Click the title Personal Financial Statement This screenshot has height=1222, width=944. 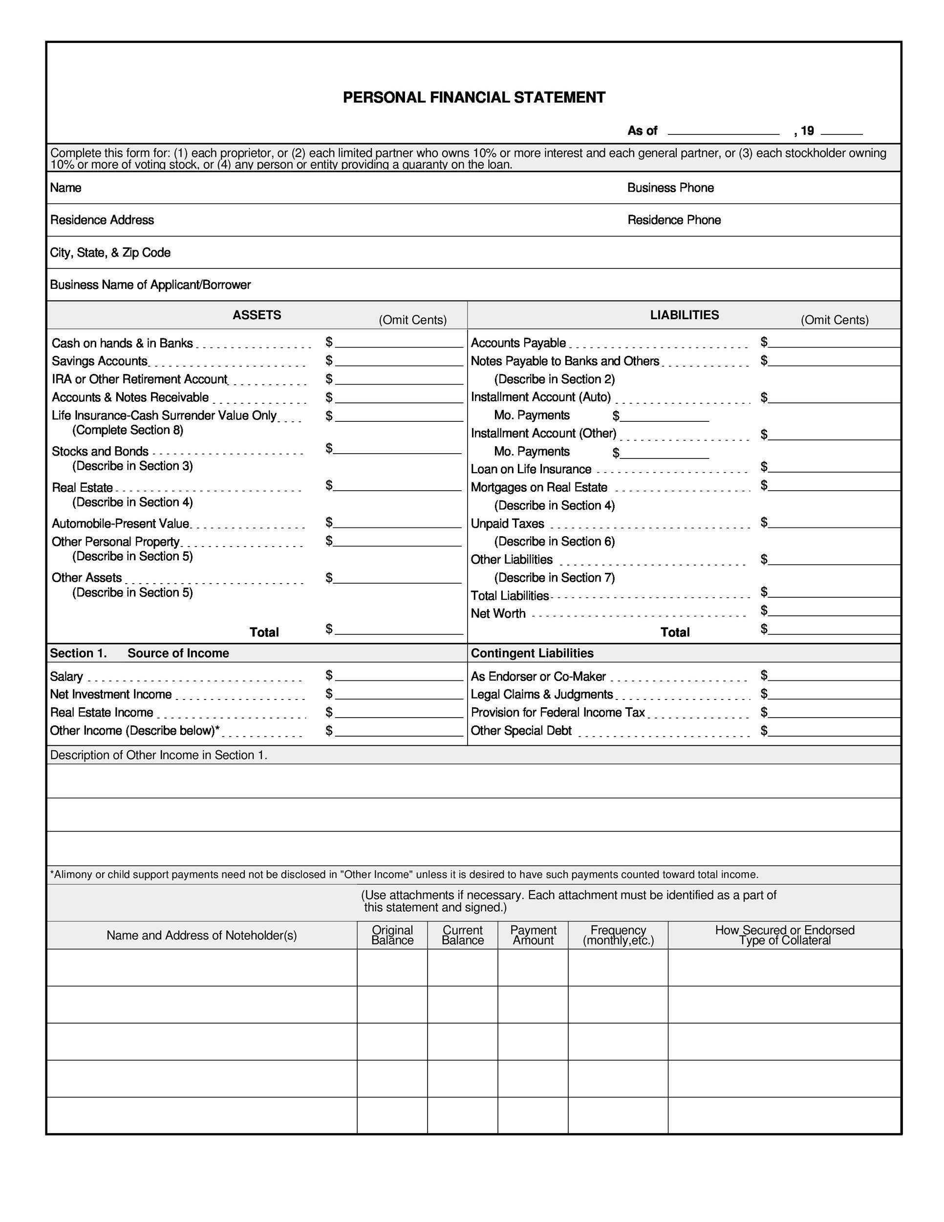pyautogui.click(x=473, y=98)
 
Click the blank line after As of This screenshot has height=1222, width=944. pyautogui.click(x=723, y=131)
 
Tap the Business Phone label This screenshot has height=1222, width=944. pyautogui.click(x=670, y=188)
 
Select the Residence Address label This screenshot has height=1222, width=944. pyautogui.click(x=102, y=220)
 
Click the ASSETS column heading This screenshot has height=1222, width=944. pyautogui.click(x=257, y=315)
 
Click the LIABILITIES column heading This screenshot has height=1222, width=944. pyautogui.click(x=684, y=315)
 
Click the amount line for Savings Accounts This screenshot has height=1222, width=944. pyautogui.click(x=399, y=361)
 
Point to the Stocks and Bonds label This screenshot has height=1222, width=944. pyautogui.click(x=100, y=452)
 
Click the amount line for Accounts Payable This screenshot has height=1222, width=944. pyautogui.click(x=833, y=343)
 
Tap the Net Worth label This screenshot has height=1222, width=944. pyautogui.click(x=498, y=614)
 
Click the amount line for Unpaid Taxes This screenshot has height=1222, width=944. pyautogui.click(x=833, y=523)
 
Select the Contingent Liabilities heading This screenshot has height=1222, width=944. pyautogui.click(x=532, y=654)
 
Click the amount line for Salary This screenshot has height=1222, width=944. pyautogui.click(x=399, y=676)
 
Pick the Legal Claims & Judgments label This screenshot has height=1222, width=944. pyautogui.click(x=541, y=695)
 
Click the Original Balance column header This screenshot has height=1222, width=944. pyautogui.click(x=392, y=935)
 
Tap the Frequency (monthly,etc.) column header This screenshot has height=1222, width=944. pyautogui.click(x=618, y=935)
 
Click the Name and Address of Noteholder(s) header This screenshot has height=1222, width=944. pyautogui.click(x=201, y=936)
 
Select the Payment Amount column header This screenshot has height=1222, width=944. pyautogui.click(x=533, y=935)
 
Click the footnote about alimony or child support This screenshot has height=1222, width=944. pyautogui.click(x=404, y=874)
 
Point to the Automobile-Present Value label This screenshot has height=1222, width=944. pyautogui.click(x=120, y=524)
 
